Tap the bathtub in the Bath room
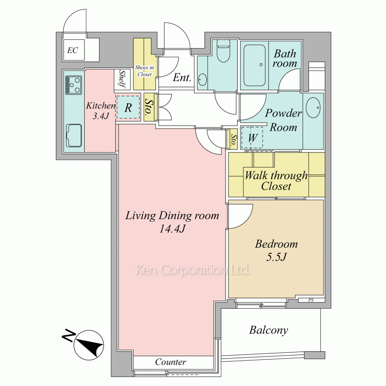254,65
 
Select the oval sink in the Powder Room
313,107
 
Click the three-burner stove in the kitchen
74,85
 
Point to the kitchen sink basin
74,135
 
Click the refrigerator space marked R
128,108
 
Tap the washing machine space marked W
252,138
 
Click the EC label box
73,50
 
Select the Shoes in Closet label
144,71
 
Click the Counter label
171,362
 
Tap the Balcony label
269,330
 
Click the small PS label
311,300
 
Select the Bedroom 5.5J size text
276,257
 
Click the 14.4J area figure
172,229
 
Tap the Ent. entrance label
182,78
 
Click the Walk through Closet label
276,181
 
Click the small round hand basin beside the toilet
202,79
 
